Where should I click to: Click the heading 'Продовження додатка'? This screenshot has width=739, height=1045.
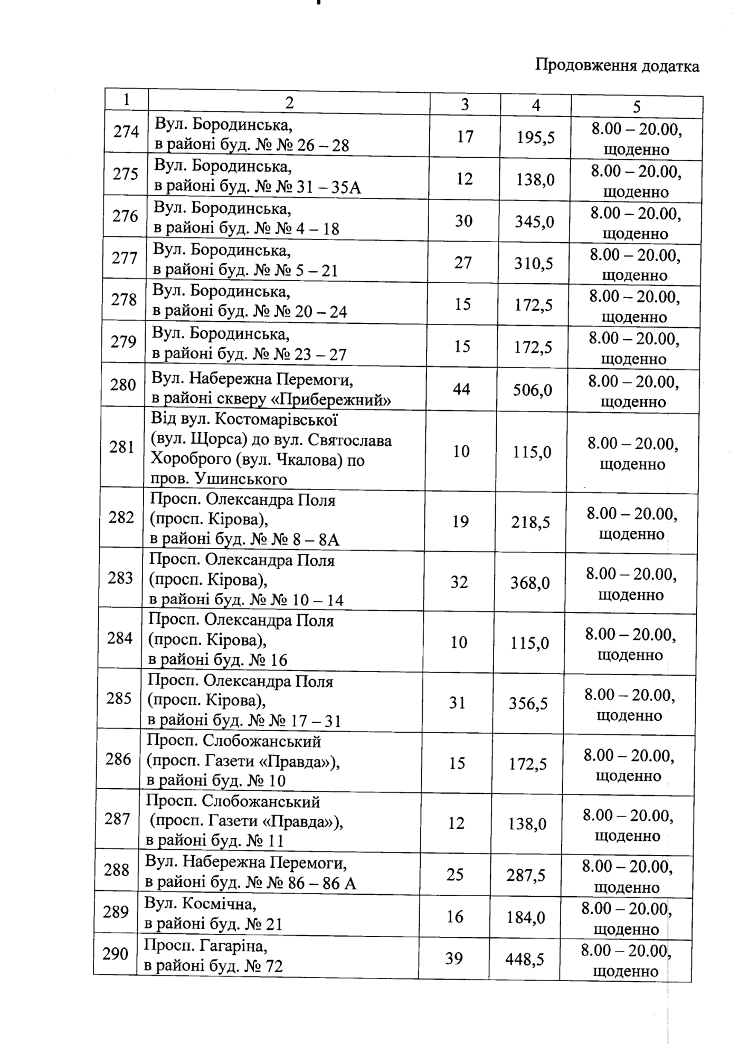click(617, 65)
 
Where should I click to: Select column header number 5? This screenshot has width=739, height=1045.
click(637, 107)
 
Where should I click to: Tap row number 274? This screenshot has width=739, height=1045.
click(126, 131)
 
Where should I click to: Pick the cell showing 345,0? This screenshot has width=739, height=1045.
click(534, 221)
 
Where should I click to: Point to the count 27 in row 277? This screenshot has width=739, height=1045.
click(463, 262)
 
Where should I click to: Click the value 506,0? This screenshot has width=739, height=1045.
click(533, 390)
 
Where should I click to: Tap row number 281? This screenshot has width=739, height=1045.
click(122, 447)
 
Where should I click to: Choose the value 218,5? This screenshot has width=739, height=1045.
click(530, 522)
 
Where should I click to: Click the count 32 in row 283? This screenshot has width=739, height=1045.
click(459, 582)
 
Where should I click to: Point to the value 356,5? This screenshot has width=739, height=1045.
click(528, 703)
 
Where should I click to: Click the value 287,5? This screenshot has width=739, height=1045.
click(526, 876)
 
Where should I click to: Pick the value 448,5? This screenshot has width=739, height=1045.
click(524, 959)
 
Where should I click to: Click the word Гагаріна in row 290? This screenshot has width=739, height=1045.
click(234, 946)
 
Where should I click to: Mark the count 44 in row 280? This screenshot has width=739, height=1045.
click(461, 389)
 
